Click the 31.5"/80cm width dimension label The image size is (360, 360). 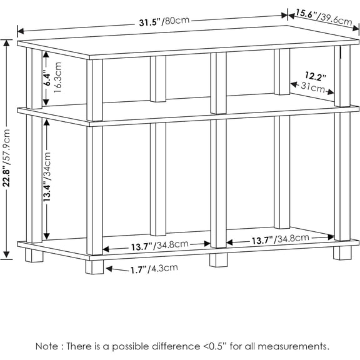pyautogui.click(x=164, y=21)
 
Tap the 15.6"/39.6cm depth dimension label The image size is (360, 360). pyautogui.click(x=324, y=17)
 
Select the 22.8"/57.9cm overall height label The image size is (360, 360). pyautogui.click(x=7, y=158)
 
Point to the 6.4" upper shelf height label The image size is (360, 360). pyautogui.click(x=47, y=79)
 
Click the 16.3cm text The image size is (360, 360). pyautogui.click(x=57, y=77)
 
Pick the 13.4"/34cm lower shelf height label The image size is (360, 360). pyautogui.click(x=47, y=177)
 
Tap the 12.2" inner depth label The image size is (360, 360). pyautogui.click(x=315, y=76)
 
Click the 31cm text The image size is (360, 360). pyautogui.click(x=312, y=87)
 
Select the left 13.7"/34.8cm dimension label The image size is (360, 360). pyautogui.click(x=160, y=246)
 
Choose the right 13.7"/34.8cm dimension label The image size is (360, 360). pyautogui.click(x=281, y=239)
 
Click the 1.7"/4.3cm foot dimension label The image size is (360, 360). pyautogui.click(x=154, y=269)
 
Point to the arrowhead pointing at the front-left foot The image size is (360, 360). pyautogui.click(x=109, y=269)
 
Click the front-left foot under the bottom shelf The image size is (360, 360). pyautogui.click(x=94, y=267)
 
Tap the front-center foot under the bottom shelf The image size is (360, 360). pyautogui.click(x=218, y=260)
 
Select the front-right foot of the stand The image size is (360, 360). pyautogui.click(x=342, y=253)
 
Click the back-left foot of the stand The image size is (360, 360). pyautogui.click(x=34, y=255)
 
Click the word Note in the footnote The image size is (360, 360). pyautogui.click(x=47, y=346)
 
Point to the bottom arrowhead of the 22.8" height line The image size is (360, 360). pyautogui.click(x=6, y=255)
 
